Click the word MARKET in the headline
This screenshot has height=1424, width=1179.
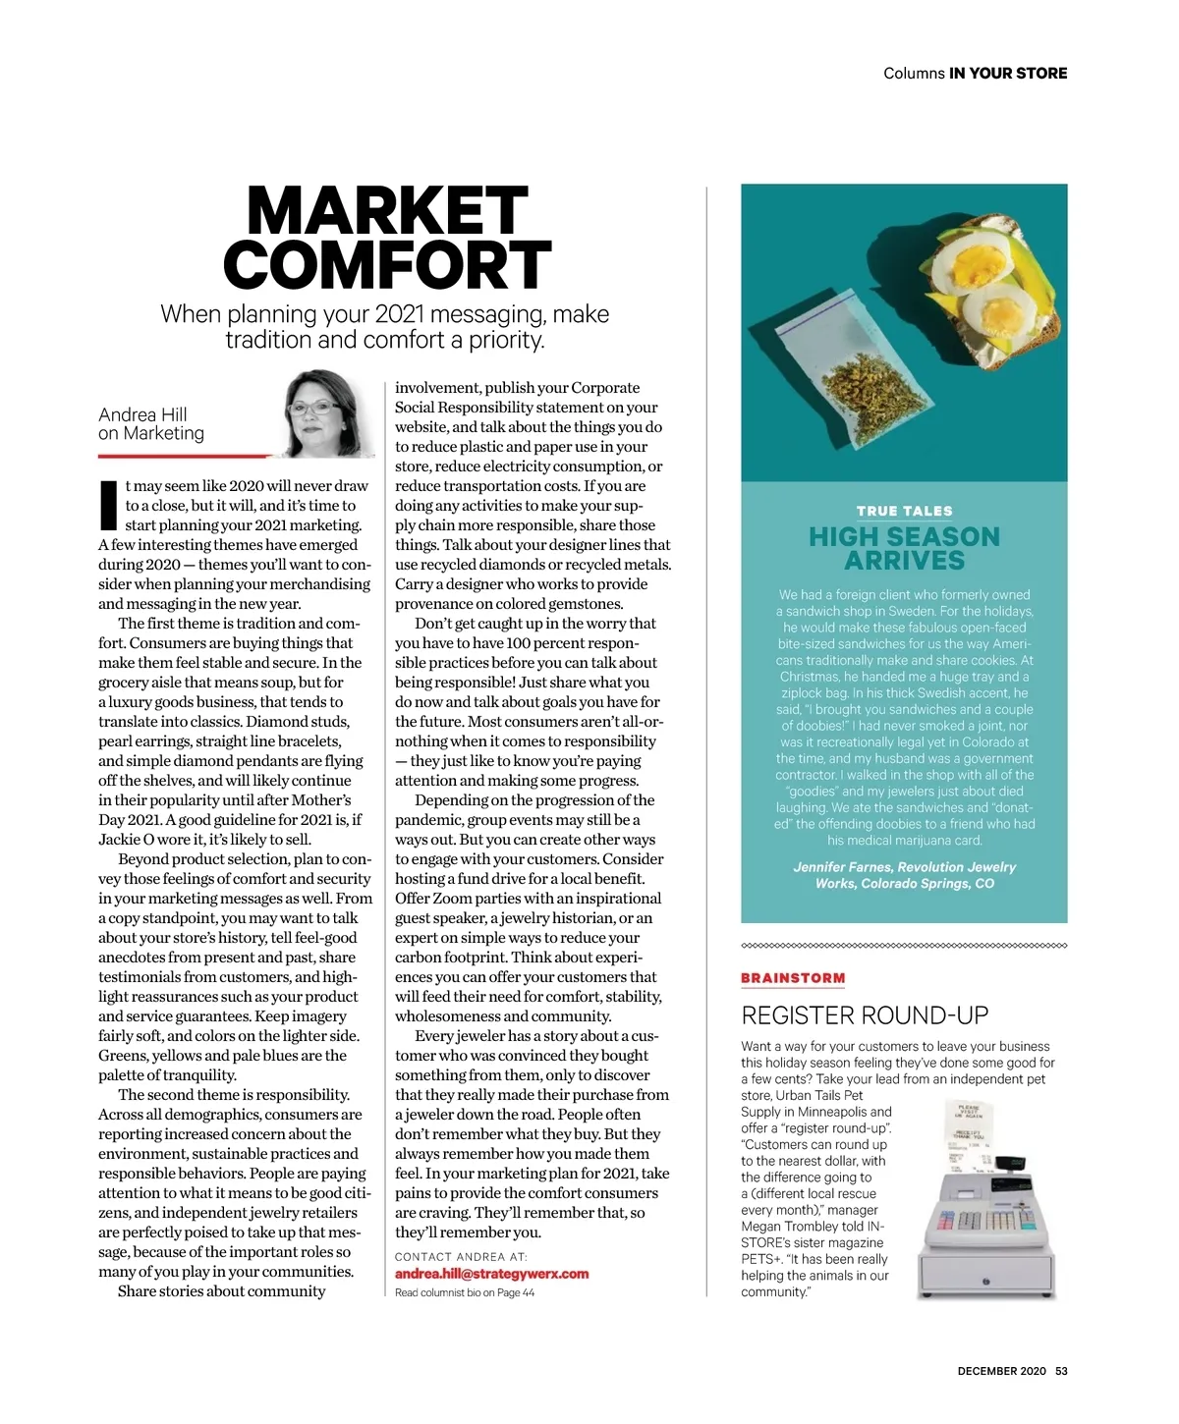coord(387,211)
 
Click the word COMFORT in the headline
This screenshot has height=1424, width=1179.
coord(387,265)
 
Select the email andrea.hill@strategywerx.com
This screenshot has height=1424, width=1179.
coord(491,1274)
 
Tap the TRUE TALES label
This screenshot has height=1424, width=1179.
coord(904,511)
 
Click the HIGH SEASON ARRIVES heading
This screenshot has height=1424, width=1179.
coord(904,548)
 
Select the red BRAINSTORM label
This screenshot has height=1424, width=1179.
coord(793,978)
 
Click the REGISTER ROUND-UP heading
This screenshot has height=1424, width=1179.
coord(865,1015)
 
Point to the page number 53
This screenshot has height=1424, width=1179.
coord(1061,1371)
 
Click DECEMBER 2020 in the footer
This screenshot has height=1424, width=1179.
coord(1001,1371)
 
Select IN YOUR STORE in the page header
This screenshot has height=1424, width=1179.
coord(1008,74)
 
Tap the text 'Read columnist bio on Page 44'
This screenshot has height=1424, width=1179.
coord(465,1292)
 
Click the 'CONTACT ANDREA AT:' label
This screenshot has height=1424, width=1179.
coord(461,1256)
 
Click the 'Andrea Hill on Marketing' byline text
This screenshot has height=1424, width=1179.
coord(150,424)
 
